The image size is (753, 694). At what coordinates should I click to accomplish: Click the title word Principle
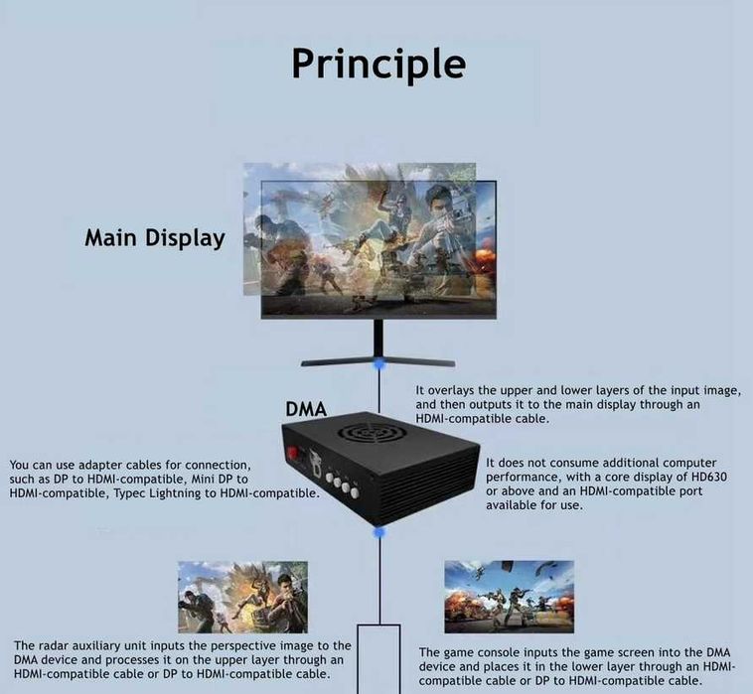(377, 63)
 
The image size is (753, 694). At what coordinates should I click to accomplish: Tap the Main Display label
(154, 238)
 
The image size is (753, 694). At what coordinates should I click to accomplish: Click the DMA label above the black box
(306, 408)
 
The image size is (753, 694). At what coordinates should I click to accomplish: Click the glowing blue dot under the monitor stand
(377, 367)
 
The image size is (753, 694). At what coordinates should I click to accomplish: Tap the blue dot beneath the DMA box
(378, 533)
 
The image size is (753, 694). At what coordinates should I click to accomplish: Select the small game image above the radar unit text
(242, 597)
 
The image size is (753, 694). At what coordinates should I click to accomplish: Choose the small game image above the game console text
(509, 596)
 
